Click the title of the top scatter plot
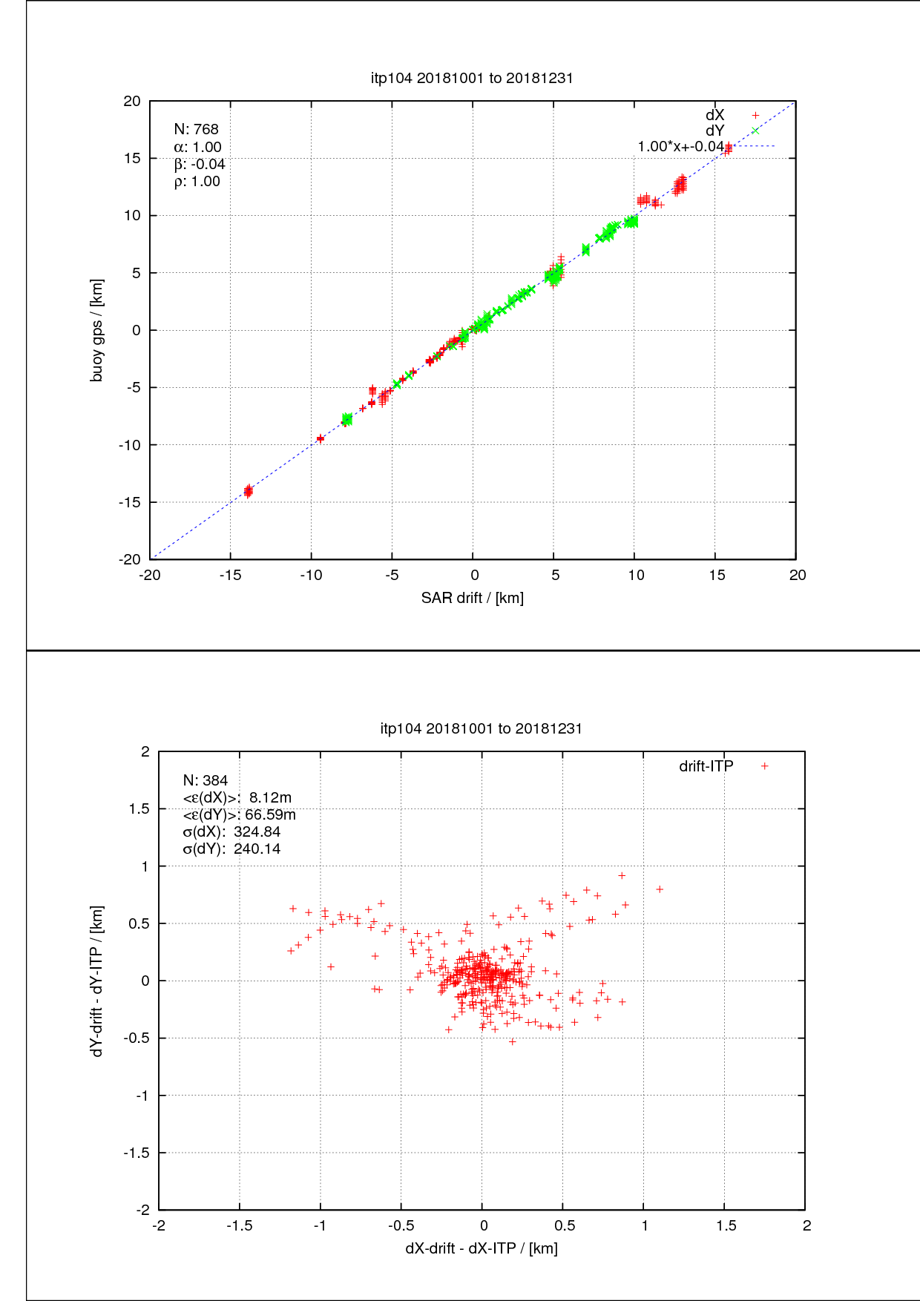(472, 78)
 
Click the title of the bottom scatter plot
(481, 728)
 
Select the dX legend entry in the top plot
(715, 115)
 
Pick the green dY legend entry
(715, 131)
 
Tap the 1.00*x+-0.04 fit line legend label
(680, 146)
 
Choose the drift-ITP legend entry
(706, 766)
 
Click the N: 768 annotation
(196, 130)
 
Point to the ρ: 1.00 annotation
(197, 182)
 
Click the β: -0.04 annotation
(199, 164)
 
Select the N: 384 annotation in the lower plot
(206, 780)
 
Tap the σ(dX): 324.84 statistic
(231, 831)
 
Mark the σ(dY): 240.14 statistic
(231, 849)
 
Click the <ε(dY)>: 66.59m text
(239, 814)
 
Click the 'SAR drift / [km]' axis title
(472, 598)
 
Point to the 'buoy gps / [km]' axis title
(96, 330)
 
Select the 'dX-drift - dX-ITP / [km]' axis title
(481, 1248)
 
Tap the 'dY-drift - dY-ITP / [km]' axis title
(96, 981)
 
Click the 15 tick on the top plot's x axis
(716, 575)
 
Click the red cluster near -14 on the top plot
(248, 491)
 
